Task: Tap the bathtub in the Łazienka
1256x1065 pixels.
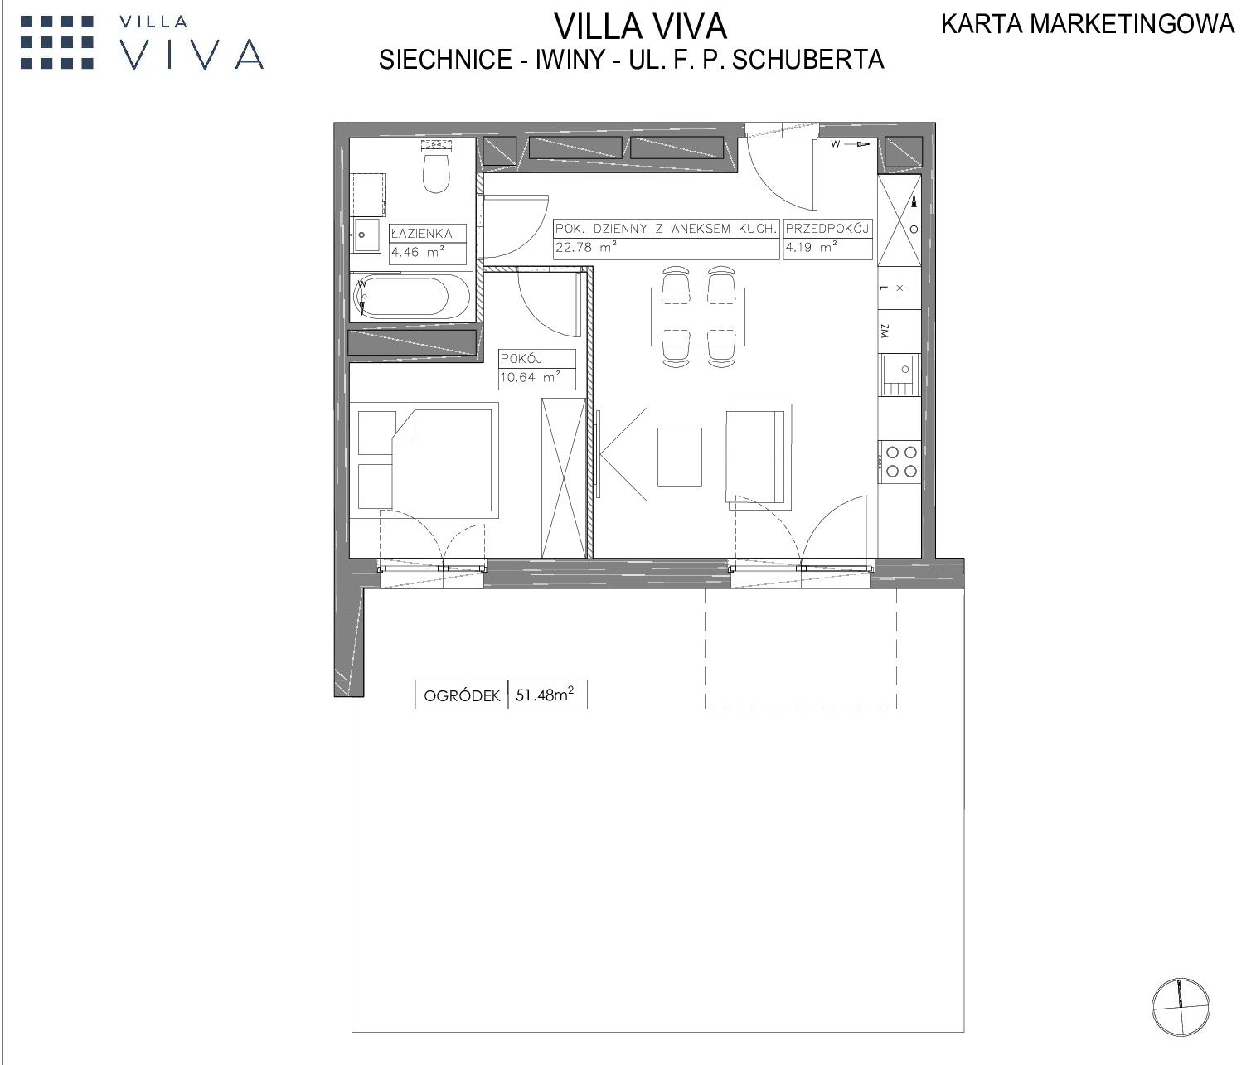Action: [411, 297]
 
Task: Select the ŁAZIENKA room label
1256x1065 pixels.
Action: [422, 233]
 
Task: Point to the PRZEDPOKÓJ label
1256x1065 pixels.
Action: [827, 229]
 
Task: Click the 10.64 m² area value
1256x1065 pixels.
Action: [530, 377]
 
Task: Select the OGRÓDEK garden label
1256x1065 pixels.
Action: [462, 695]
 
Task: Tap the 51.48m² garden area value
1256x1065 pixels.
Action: [545, 695]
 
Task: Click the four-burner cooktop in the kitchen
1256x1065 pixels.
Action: [900, 462]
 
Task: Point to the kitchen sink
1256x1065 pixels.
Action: [900, 375]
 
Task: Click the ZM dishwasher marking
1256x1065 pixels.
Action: [885, 332]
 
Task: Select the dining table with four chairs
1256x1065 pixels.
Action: [697, 317]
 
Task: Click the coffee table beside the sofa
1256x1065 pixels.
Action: [679, 457]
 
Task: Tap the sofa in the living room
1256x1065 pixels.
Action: [759, 457]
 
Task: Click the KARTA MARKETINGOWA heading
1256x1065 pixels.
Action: [1088, 24]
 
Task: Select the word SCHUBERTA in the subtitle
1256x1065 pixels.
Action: [808, 60]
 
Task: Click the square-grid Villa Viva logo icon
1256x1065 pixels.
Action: [57, 42]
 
